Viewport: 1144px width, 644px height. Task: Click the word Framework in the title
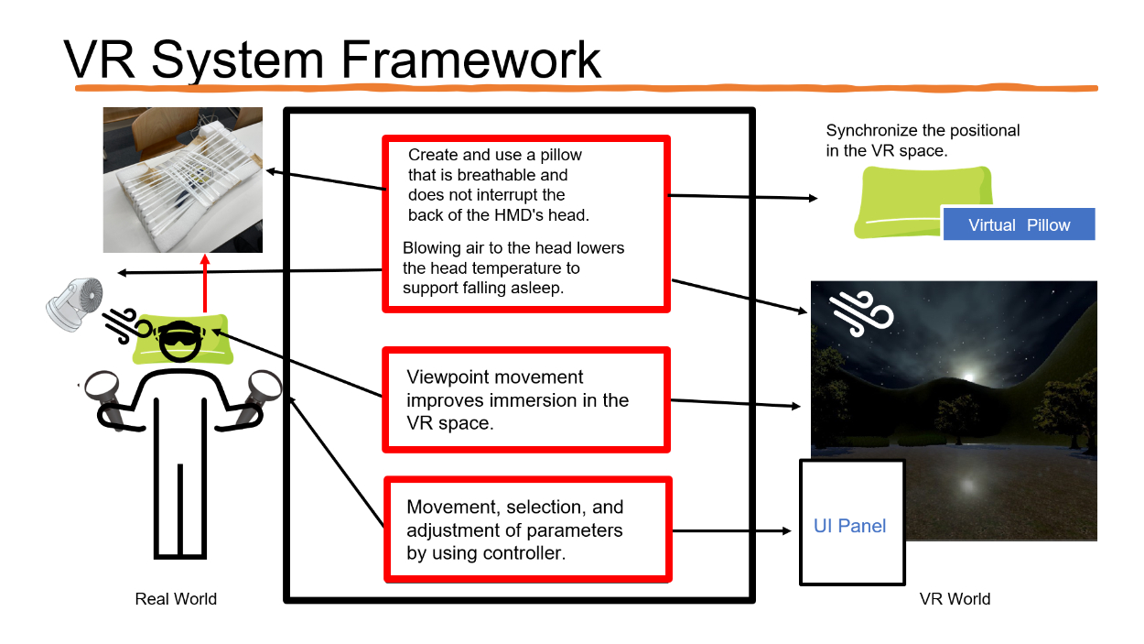click(x=471, y=60)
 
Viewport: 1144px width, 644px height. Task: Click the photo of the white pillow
click(x=183, y=180)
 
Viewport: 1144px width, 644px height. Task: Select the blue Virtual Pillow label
click(x=1019, y=224)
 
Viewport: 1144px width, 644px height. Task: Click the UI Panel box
click(x=851, y=525)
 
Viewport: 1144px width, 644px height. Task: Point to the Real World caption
click(x=176, y=599)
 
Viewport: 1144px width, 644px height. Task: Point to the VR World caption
click(x=955, y=599)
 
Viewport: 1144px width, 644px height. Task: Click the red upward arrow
click(x=204, y=284)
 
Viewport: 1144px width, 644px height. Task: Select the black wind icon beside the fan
click(x=119, y=322)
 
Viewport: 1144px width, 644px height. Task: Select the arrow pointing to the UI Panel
click(x=732, y=530)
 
